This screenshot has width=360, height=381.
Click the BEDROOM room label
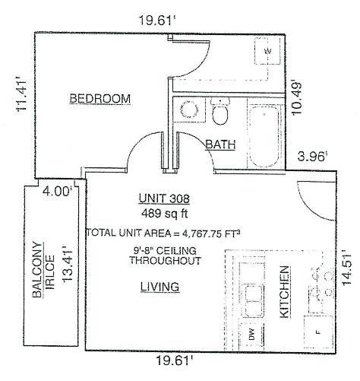[x=100, y=98]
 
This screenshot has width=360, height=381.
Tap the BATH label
[x=220, y=144]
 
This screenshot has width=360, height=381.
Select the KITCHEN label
[x=285, y=291]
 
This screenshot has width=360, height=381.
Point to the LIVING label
[x=160, y=287]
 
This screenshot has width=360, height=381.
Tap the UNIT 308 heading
[x=164, y=198]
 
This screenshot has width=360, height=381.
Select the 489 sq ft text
[x=165, y=213]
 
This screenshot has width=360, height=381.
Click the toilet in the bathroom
[x=220, y=111]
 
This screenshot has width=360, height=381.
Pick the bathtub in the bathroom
[x=264, y=137]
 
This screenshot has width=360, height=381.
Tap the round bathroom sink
[x=189, y=110]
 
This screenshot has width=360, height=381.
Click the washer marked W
[x=267, y=51]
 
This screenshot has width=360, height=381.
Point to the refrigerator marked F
[x=318, y=332]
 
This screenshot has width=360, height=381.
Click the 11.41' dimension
[x=22, y=96]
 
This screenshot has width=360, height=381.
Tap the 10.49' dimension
[x=297, y=99]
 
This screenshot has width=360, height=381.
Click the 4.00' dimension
[x=57, y=191]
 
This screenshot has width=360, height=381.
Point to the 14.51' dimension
[x=346, y=268]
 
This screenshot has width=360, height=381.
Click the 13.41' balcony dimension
[x=68, y=264]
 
